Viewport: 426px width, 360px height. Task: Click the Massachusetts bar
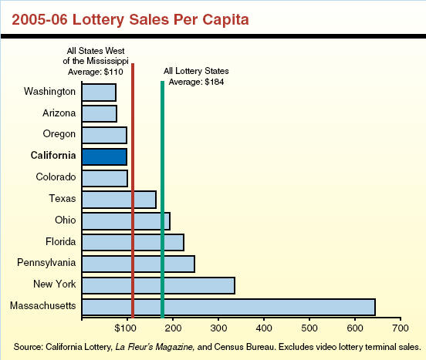click(228, 307)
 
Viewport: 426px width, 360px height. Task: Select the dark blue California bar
click(103, 156)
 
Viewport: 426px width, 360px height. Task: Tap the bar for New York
click(157, 285)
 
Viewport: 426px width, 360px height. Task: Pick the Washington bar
click(98, 92)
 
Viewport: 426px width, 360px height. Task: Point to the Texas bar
click(118, 199)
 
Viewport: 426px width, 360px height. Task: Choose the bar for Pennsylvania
click(137, 264)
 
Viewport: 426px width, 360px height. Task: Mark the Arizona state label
click(59, 113)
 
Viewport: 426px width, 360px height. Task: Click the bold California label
click(53, 156)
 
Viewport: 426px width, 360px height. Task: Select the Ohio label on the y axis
click(65, 220)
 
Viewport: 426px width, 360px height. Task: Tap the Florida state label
click(60, 242)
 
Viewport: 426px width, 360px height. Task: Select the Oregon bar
click(103, 135)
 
